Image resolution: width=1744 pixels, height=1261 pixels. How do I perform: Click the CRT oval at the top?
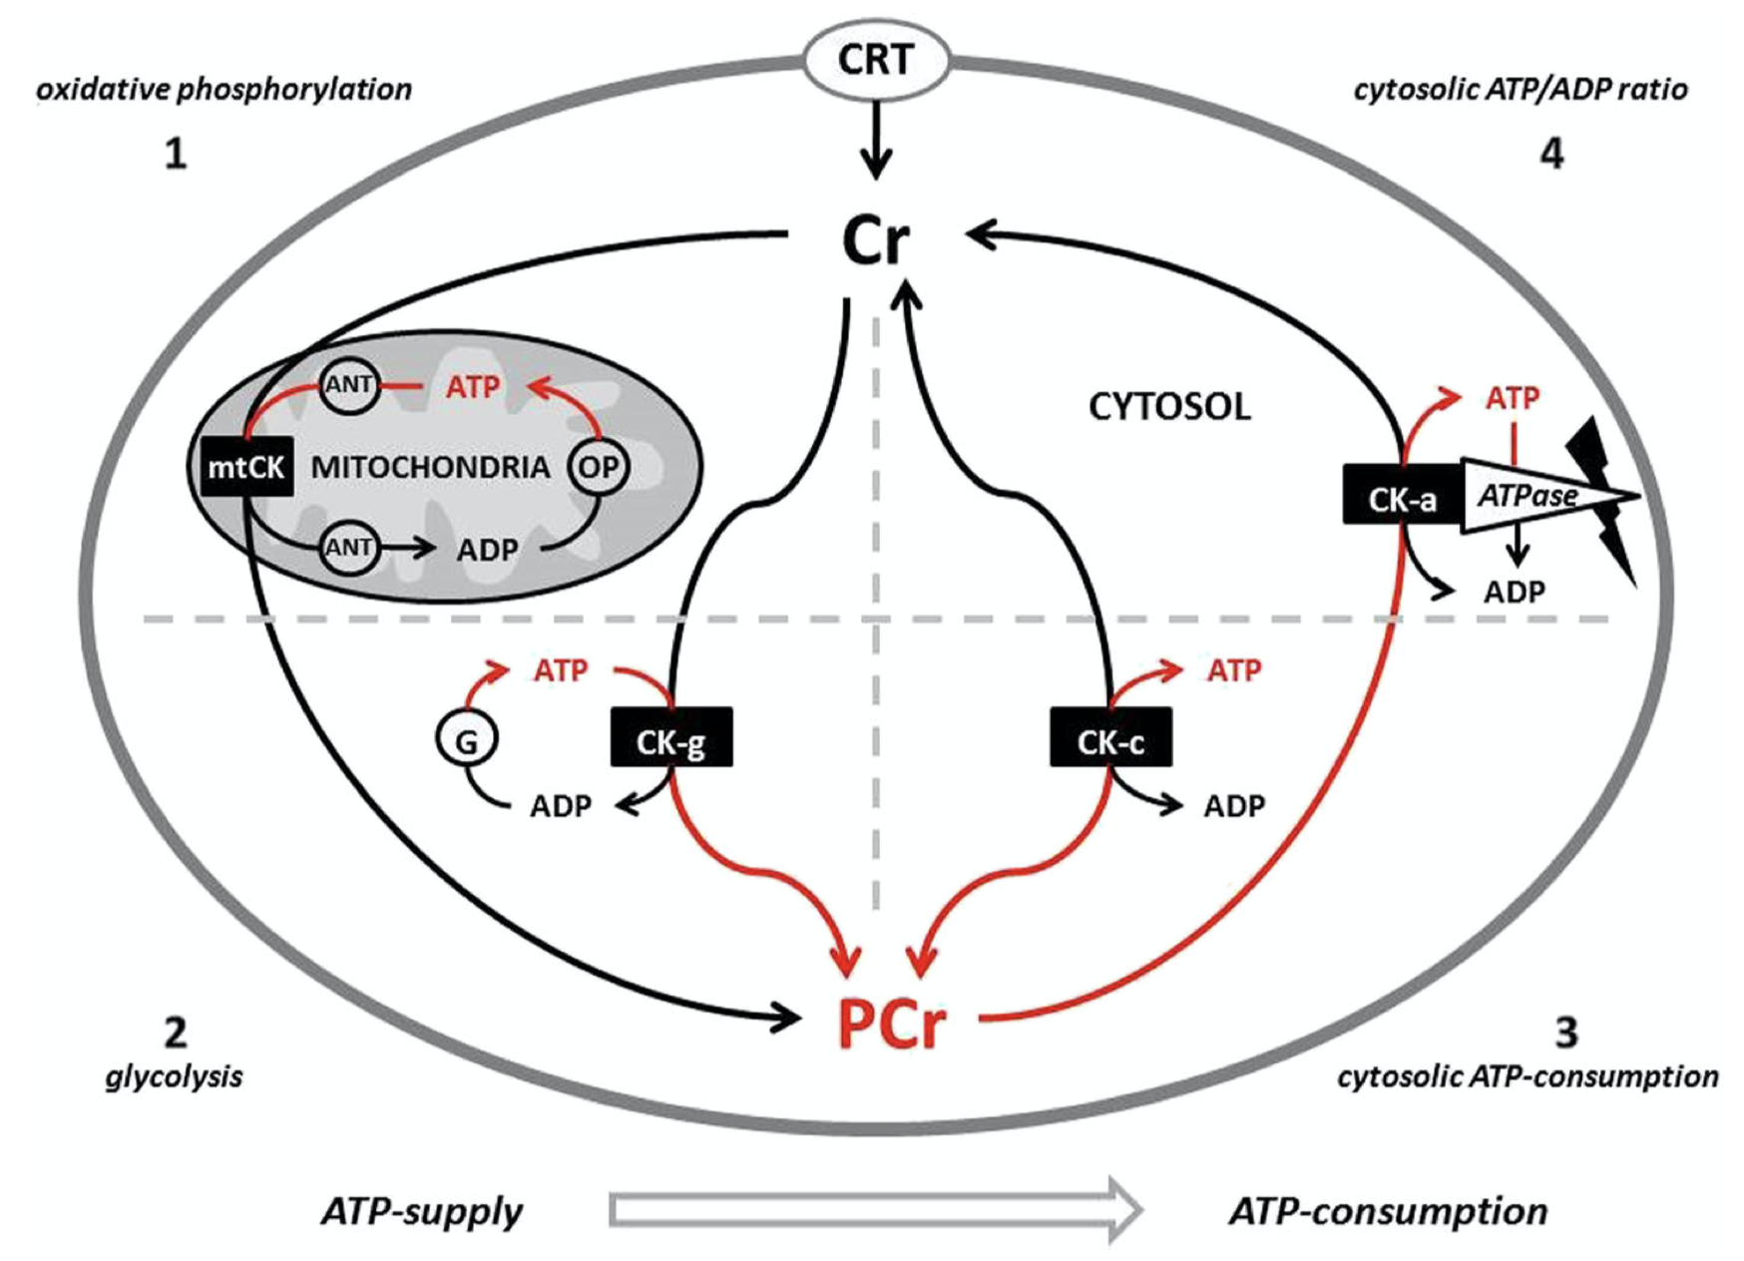click(x=875, y=60)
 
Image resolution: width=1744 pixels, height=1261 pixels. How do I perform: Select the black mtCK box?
click(x=246, y=466)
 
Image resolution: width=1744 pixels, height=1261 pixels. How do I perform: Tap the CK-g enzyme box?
click(x=671, y=739)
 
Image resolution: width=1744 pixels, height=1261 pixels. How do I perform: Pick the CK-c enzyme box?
click(x=1110, y=739)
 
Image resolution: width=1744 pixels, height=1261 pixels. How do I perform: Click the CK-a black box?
click(x=1402, y=496)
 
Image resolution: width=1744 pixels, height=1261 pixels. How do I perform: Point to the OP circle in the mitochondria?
click(x=599, y=466)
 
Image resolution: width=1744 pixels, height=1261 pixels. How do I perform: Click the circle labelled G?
click(x=466, y=740)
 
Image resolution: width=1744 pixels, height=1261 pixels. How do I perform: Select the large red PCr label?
click(x=891, y=1022)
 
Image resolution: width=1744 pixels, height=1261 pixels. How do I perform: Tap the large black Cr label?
click(x=875, y=241)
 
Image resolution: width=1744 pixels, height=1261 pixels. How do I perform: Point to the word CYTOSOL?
click(x=1169, y=407)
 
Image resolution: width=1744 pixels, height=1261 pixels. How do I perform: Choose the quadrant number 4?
click(x=1551, y=154)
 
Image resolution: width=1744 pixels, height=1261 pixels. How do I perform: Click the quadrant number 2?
click(x=175, y=1032)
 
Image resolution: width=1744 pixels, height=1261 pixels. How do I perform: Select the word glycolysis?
click(x=174, y=1076)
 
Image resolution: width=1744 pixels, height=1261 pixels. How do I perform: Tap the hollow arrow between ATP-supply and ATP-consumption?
click(x=875, y=1210)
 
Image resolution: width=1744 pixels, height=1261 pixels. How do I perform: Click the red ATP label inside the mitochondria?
click(x=473, y=386)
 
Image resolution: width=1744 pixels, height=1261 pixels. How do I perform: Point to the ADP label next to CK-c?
click(x=1234, y=805)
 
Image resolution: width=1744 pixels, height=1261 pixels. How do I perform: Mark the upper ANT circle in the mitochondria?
click(x=349, y=384)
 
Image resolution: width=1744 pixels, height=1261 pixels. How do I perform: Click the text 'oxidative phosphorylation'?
click(x=224, y=90)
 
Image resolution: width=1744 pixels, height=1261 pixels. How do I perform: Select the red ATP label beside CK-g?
click(x=561, y=670)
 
